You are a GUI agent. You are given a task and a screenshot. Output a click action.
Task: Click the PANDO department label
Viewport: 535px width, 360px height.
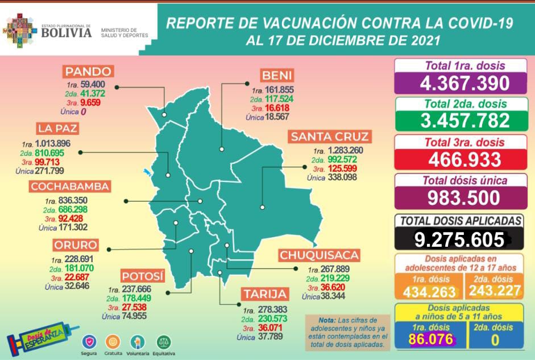88,72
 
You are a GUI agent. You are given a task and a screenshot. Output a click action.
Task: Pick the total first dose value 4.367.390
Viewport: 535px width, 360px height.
465,84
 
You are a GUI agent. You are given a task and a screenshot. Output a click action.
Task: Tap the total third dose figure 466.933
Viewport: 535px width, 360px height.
465,159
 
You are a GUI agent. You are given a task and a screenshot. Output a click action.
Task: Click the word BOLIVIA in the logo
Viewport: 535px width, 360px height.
66,32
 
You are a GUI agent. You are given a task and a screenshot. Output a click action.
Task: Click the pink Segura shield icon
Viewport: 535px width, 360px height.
88,341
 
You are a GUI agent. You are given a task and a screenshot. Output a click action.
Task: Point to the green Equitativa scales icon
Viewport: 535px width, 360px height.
163,341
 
